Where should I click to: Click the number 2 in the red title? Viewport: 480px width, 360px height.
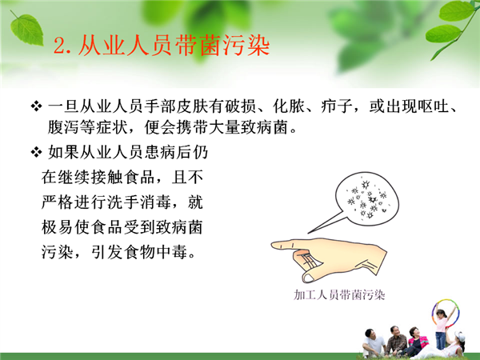[60, 46]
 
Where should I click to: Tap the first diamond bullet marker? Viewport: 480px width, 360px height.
[36, 106]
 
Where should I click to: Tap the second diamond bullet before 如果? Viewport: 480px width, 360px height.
[36, 152]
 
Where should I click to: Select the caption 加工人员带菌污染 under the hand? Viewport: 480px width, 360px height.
[339, 294]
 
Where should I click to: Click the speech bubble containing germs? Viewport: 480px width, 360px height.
[366, 198]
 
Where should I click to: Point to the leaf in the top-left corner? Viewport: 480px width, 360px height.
[26, 29]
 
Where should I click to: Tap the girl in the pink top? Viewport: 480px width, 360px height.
[442, 329]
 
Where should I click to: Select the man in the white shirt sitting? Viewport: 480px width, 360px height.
[372, 343]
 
